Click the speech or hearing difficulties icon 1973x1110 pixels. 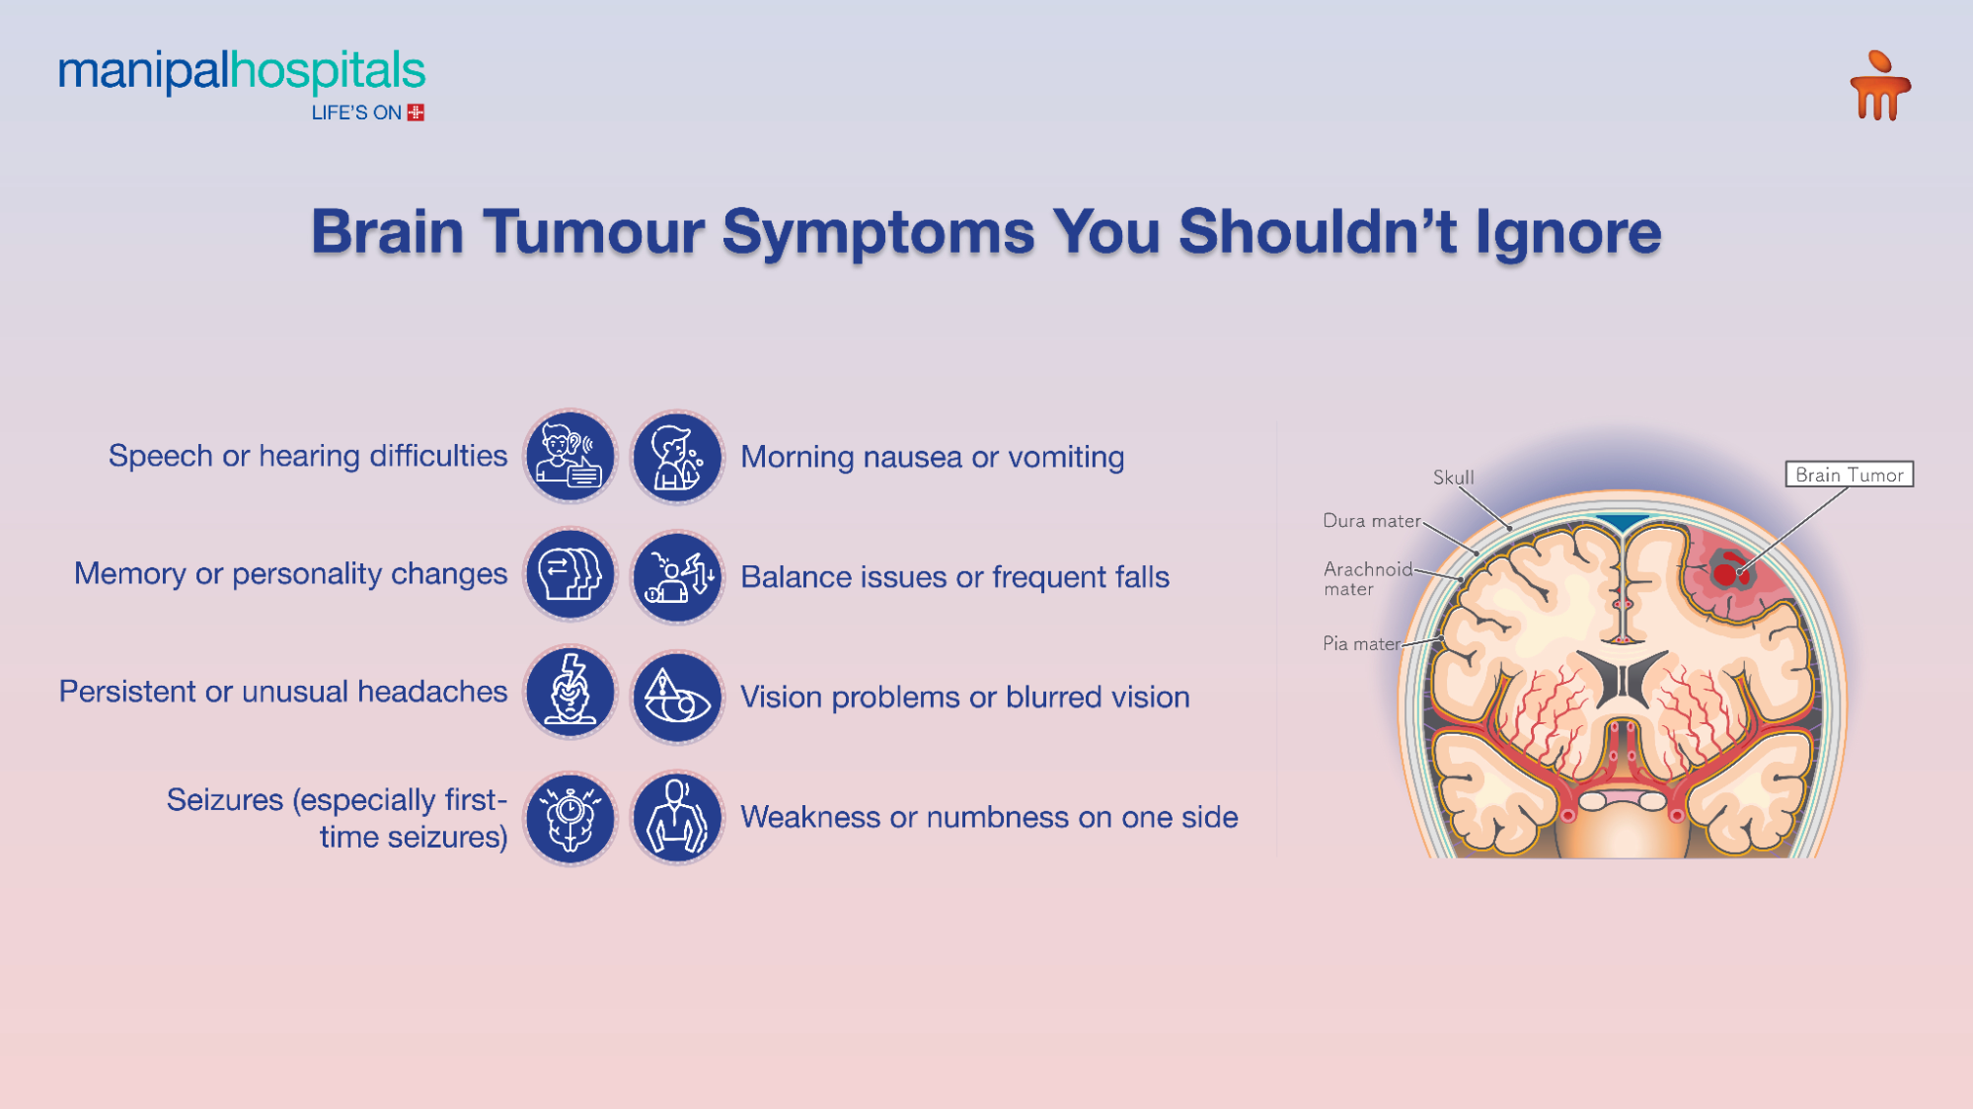[x=569, y=457]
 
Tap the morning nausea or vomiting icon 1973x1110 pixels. [x=677, y=457]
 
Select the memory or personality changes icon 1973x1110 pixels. [x=569, y=574]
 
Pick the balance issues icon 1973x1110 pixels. [x=677, y=576]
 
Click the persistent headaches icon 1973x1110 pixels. [x=569, y=692]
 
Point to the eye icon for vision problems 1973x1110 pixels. [x=677, y=697]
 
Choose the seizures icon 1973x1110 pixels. [x=569, y=818]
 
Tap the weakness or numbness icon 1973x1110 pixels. [x=677, y=818]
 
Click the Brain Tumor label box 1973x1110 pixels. [x=1849, y=475]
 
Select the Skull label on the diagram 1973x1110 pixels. [x=1453, y=478]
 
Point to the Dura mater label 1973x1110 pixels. [x=1371, y=521]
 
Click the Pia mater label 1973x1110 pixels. [x=1361, y=644]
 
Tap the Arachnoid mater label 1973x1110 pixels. [x=1367, y=579]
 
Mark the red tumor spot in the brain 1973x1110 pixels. [x=1725, y=573]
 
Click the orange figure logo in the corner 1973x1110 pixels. [x=1879, y=87]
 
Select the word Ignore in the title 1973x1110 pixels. [x=1567, y=233]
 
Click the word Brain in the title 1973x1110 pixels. [x=387, y=233]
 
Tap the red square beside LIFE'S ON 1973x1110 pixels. [x=416, y=112]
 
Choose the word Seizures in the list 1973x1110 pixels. [x=224, y=799]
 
